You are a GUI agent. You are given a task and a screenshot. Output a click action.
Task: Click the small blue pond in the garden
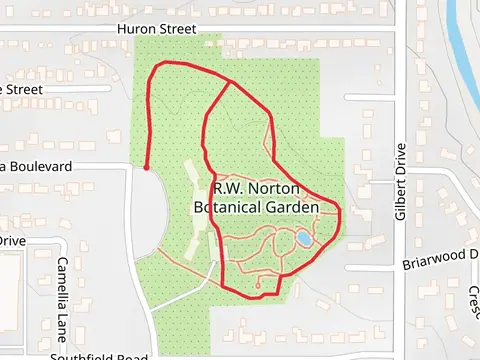(x=302, y=239)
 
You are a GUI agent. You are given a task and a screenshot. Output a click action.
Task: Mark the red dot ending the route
(x=147, y=168)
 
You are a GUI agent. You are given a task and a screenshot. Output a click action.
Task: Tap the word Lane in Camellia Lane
(x=63, y=310)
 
